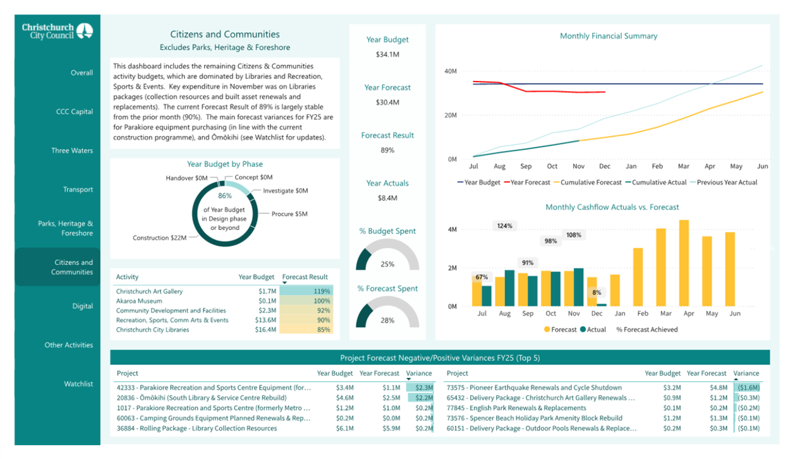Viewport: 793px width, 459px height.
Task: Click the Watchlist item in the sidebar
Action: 78,384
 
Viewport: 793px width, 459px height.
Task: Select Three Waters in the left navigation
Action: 72,150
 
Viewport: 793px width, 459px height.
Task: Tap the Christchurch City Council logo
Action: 58,31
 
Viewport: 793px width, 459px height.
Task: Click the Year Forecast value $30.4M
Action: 387,102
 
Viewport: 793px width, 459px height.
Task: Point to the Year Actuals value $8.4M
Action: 387,198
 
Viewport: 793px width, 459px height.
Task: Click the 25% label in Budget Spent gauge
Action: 387,264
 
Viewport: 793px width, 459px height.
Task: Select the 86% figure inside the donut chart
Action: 225,196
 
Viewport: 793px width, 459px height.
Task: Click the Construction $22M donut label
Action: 159,238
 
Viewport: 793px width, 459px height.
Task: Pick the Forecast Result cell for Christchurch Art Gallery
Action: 306,291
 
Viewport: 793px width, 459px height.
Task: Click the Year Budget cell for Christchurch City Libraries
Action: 265,330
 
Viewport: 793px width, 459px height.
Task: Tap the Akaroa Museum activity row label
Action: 139,301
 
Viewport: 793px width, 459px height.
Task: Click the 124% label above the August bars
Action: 504,226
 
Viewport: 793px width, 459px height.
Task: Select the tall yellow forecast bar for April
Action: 684,263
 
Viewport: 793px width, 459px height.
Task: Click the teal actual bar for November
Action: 578,287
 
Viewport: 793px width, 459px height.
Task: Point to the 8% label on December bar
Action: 596,293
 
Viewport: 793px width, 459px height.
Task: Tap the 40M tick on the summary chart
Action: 451,71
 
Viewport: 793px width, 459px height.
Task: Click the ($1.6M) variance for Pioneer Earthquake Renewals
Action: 748,388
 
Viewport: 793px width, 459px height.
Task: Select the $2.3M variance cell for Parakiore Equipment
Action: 424,388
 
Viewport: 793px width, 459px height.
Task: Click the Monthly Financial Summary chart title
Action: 608,36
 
